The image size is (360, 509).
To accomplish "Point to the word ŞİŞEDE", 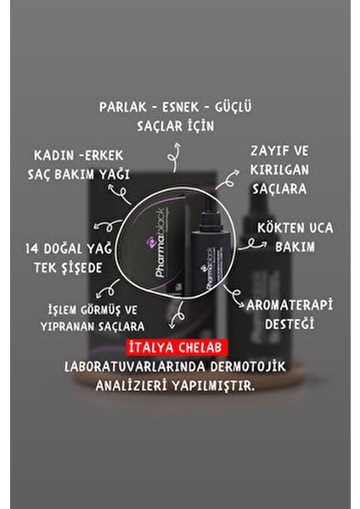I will tap(89, 267).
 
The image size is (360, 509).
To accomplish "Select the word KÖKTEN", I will tap(278, 229).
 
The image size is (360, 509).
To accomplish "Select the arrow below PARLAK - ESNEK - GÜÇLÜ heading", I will tap(177, 152).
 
